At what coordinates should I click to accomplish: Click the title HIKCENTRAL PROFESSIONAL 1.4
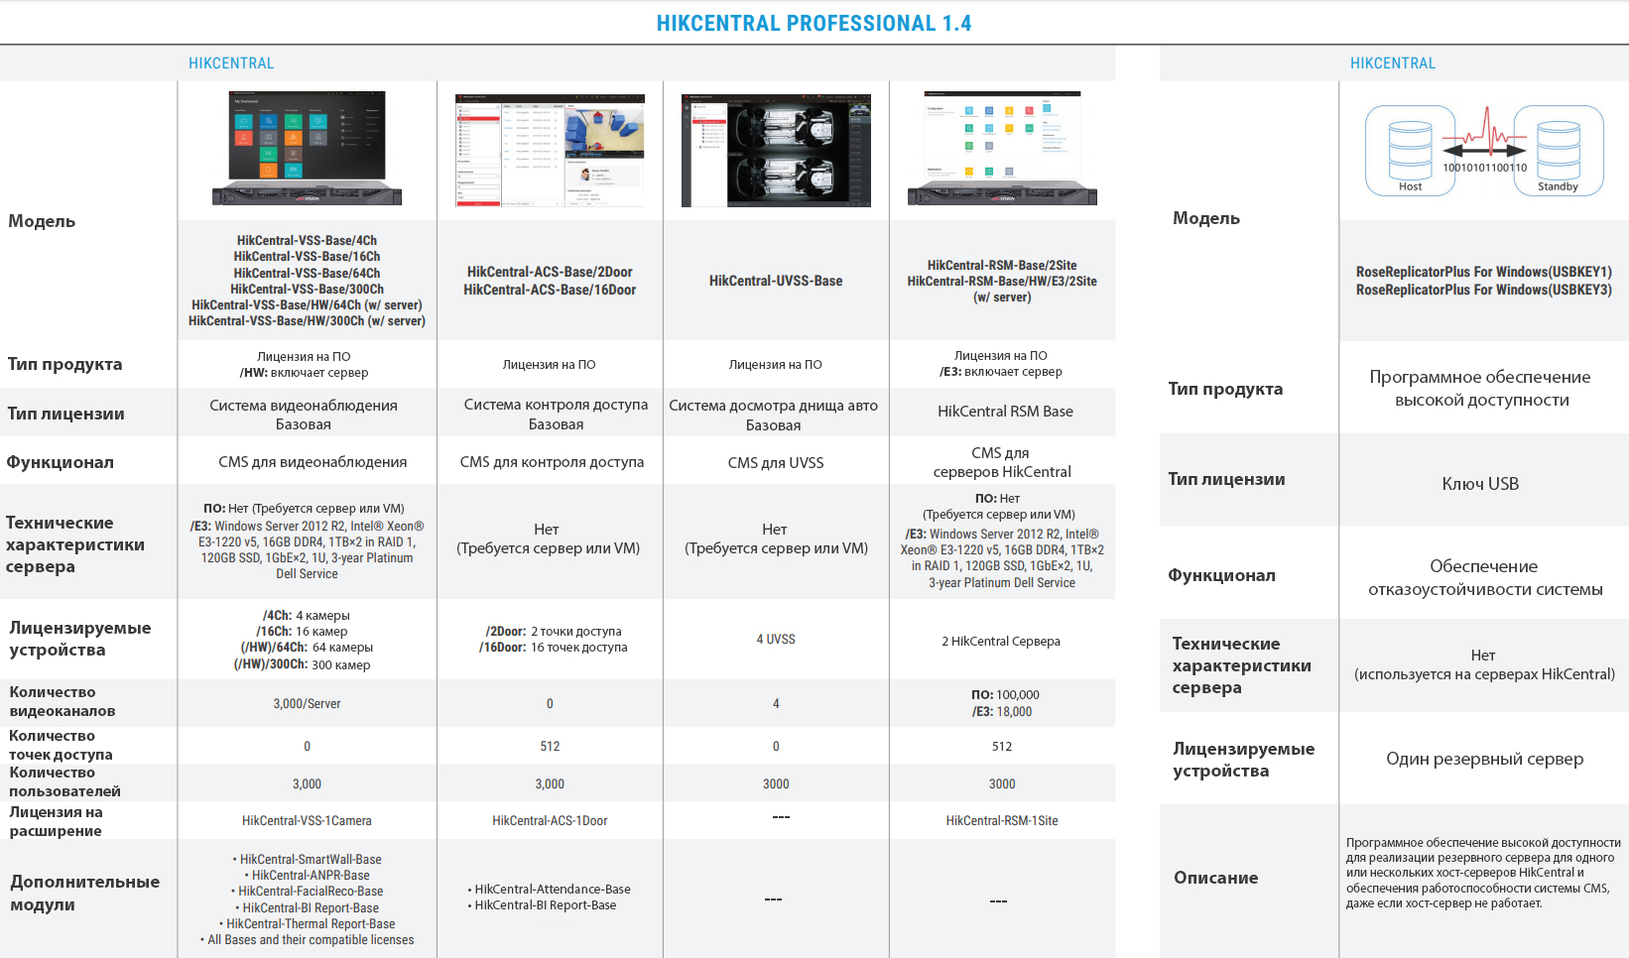point(814,23)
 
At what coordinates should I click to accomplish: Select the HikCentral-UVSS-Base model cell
point(776,281)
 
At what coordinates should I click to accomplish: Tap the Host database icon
point(1410,149)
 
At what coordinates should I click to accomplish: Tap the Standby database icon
point(1558,149)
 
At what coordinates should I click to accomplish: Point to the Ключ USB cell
point(1480,484)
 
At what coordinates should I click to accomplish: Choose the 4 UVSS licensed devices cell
point(776,640)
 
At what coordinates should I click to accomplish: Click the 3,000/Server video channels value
point(307,704)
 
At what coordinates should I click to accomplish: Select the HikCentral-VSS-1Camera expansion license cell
point(307,821)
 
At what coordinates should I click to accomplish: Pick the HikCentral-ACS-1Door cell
point(550,821)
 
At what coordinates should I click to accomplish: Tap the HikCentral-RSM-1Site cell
point(1002,821)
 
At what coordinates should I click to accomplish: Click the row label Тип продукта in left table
point(64,364)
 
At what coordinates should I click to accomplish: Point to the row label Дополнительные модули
point(84,893)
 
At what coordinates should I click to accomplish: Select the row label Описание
point(1215,878)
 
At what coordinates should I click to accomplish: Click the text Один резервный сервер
point(1484,759)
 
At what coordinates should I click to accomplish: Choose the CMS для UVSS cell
point(776,463)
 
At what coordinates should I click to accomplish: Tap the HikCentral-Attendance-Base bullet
point(552,890)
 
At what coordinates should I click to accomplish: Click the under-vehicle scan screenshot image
point(776,151)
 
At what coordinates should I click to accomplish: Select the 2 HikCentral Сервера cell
point(1001,642)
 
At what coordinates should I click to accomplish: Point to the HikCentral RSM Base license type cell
point(1005,412)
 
